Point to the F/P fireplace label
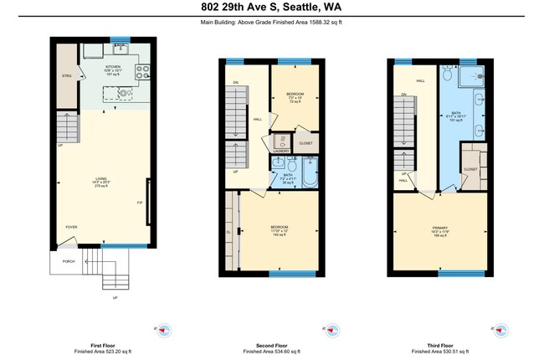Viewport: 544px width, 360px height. pos(140,203)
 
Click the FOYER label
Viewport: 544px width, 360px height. pos(72,227)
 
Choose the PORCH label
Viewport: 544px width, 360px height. pos(69,261)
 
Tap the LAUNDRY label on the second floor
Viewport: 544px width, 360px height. pos(281,151)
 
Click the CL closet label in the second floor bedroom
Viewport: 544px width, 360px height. pos(228,232)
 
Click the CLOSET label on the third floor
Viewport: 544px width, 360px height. pos(470,170)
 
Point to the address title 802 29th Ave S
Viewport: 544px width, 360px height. pos(271,8)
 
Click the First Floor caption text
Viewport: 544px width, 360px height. pos(101,345)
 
